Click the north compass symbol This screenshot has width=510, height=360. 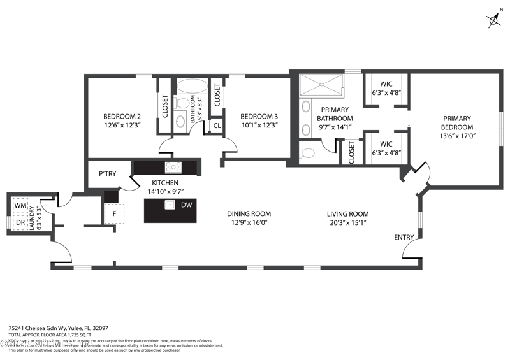(493, 20)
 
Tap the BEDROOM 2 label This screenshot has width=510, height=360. (122, 117)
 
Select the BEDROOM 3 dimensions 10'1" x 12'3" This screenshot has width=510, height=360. (259, 126)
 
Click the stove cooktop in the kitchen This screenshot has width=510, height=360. (173, 168)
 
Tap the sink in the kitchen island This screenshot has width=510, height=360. (170, 205)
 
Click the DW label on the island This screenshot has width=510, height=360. (186, 205)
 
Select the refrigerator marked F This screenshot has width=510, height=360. (114, 213)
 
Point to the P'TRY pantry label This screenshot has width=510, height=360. (106, 173)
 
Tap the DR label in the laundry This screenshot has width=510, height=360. (20, 222)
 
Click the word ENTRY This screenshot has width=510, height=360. (404, 238)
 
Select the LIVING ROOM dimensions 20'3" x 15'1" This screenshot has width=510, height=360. (347, 222)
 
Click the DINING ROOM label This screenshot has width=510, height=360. (249, 213)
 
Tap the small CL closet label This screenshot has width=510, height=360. (216, 126)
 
